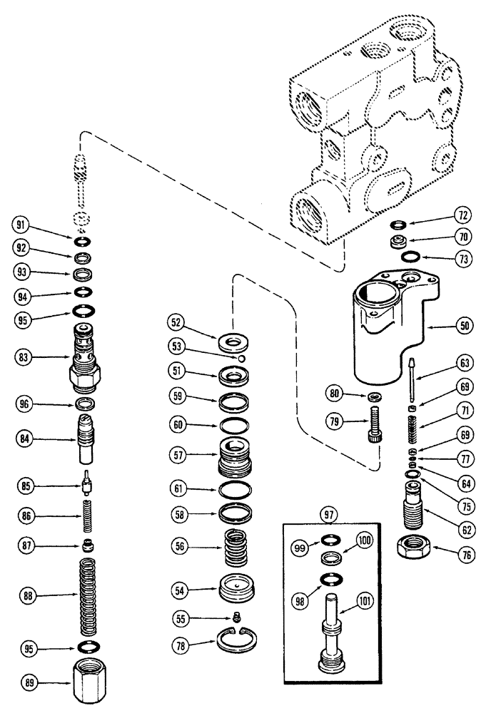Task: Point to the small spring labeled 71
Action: pos(412,433)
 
